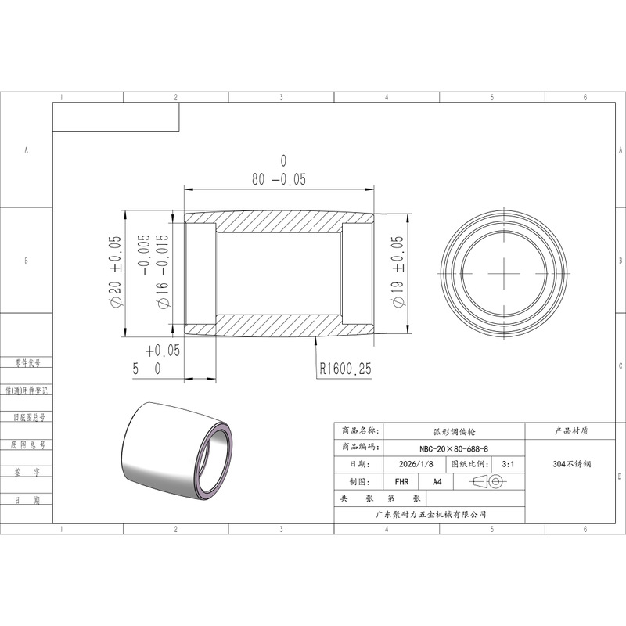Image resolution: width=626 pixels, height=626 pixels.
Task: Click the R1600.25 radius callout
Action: [x=345, y=369]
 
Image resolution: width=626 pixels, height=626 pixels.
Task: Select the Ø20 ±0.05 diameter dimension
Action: [x=114, y=272]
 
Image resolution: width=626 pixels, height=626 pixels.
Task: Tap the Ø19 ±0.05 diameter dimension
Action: [x=398, y=272]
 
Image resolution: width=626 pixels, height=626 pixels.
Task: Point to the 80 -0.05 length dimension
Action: [x=279, y=179]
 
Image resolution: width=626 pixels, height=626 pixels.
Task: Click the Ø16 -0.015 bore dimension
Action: [x=163, y=272]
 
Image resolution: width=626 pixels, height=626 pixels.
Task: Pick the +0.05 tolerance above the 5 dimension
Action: [x=163, y=351]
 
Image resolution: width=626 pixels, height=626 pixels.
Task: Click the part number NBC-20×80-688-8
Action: [x=454, y=448]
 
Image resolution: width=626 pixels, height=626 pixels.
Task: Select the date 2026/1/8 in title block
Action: [x=416, y=464]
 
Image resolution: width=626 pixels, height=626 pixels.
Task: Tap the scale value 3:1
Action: [x=508, y=464]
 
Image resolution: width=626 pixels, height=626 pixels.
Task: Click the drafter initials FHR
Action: [x=401, y=482]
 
